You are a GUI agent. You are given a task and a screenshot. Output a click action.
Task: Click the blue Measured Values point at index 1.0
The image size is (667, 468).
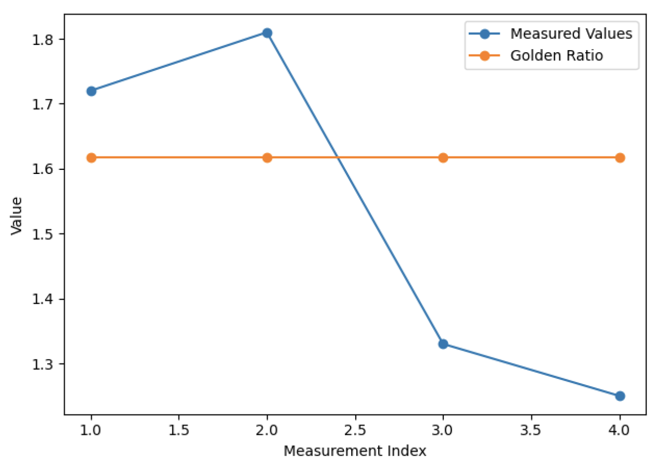pyautogui.click(x=91, y=91)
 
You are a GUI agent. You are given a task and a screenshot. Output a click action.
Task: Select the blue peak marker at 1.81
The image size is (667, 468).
pyautogui.click(x=267, y=33)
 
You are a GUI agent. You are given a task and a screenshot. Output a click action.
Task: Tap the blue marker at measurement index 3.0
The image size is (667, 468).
pyautogui.click(x=443, y=344)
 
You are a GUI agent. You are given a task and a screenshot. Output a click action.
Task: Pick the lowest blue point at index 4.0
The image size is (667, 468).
pyautogui.click(x=620, y=396)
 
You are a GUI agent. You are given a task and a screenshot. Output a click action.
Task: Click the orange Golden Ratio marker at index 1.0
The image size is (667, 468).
pyautogui.click(x=91, y=157)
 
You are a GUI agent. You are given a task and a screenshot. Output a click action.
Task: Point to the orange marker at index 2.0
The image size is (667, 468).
pyautogui.click(x=267, y=157)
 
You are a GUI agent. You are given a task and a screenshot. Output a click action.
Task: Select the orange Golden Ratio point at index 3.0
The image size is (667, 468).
pyautogui.click(x=443, y=157)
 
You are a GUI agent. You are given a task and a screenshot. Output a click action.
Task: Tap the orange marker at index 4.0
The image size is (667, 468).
pyautogui.click(x=620, y=157)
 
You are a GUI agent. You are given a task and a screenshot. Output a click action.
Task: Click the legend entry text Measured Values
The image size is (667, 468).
pyautogui.click(x=571, y=34)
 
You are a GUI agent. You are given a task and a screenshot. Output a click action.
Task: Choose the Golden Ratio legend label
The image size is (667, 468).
pyautogui.click(x=557, y=55)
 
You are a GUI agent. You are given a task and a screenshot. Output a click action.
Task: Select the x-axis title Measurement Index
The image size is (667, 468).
pyautogui.click(x=355, y=451)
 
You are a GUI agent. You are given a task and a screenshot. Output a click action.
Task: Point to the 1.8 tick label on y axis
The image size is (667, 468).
pyautogui.click(x=44, y=39)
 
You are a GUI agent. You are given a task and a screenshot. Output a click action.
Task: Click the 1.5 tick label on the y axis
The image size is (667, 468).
pyautogui.click(x=44, y=234)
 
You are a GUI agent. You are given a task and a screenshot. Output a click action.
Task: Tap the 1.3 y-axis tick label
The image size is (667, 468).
pyautogui.click(x=44, y=364)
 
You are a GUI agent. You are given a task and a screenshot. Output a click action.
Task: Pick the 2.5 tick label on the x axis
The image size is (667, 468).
pyautogui.click(x=355, y=430)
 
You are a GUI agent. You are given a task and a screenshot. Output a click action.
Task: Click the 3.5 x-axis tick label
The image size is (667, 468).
pyautogui.click(x=531, y=430)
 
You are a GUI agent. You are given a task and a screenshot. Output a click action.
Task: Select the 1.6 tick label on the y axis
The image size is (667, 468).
pyautogui.click(x=44, y=169)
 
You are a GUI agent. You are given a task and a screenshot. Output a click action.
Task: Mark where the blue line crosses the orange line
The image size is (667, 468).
pyautogui.click(x=338, y=157)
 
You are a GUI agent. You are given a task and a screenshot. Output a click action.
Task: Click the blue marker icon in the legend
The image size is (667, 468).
pyautogui.click(x=485, y=34)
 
